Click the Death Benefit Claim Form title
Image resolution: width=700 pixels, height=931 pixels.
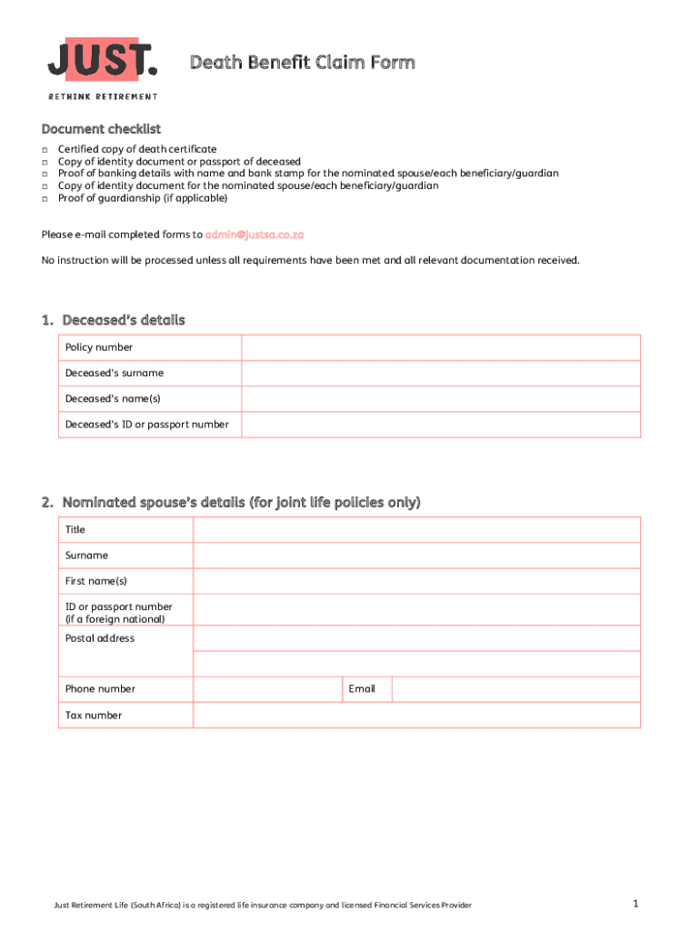[x=302, y=63]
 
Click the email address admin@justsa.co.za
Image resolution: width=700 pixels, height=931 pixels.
[x=255, y=235]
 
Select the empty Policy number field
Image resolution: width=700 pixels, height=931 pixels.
[x=441, y=347]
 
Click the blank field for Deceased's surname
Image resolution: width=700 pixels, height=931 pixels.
[x=441, y=373]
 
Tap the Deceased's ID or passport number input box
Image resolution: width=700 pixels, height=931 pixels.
[x=441, y=425]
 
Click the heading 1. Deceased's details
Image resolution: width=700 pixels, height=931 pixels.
[x=113, y=320]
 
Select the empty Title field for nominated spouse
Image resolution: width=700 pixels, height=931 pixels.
[x=416, y=530]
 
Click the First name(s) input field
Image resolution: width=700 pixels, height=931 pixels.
[x=416, y=581]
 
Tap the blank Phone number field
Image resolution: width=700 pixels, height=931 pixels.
[x=267, y=689]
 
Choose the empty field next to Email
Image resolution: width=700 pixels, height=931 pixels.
[x=515, y=689]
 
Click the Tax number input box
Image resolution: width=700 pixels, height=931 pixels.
[x=416, y=716]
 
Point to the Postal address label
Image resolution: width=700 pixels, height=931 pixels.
[x=100, y=638]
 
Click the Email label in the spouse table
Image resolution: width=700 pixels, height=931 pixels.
[x=362, y=689]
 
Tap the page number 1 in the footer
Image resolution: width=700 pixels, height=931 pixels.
[x=637, y=904]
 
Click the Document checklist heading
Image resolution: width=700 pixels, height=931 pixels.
[x=101, y=130]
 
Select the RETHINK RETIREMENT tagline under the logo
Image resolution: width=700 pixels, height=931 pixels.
[x=103, y=96]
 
